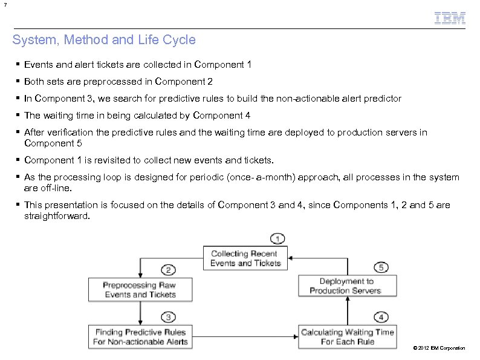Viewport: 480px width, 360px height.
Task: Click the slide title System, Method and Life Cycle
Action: pyautogui.click(x=104, y=41)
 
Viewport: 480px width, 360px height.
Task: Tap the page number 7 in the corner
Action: pyautogui.click(x=4, y=5)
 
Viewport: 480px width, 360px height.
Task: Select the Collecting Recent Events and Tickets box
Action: pyautogui.click(x=245, y=258)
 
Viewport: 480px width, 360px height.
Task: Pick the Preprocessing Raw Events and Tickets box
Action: pyautogui.click(x=140, y=290)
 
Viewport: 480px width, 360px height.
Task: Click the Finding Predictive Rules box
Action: pyautogui.click(x=140, y=337)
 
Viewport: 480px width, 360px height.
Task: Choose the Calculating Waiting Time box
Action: pyautogui.click(x=348, y=337)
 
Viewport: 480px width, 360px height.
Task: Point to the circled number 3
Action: pyautogui.click(x=169, y=316)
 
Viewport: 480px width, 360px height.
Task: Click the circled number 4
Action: pyautogui.click(x=381, y=316)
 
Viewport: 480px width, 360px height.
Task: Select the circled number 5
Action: pyautogui.click(x=381, y=266)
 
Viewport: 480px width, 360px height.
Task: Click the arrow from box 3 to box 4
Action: pyautogui.click(x=245, y=337)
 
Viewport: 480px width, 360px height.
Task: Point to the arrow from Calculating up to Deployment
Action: pyautogui.click(x=347, y=311)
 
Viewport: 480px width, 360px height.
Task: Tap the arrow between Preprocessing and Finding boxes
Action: pyautogui.click(x=140, y=313)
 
